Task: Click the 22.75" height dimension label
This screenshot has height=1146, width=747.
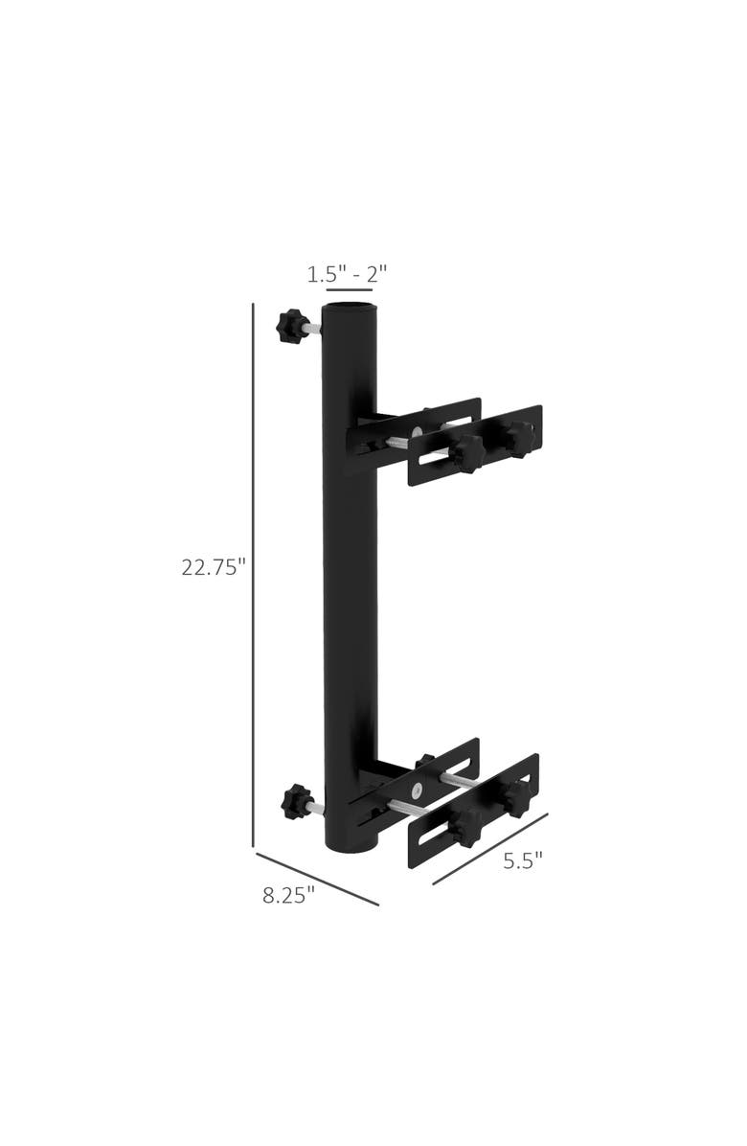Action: coord(214,566)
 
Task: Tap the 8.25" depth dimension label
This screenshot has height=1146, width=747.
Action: coord(288,896)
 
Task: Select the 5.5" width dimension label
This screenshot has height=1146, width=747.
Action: coord(523,860)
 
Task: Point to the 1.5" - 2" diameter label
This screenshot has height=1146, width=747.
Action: coord(347,274)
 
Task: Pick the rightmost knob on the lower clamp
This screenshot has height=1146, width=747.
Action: coord(517,798)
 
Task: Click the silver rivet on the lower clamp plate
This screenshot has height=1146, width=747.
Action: coord(416,791)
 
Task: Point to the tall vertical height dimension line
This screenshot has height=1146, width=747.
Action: coord(253,575)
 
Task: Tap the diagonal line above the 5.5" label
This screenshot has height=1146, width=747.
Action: coord(490,849)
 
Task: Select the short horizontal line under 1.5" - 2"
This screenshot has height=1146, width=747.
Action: coord(349,288)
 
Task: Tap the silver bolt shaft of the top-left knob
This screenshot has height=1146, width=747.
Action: coord(308,331)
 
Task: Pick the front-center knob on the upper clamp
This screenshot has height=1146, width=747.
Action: coord(467,453)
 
